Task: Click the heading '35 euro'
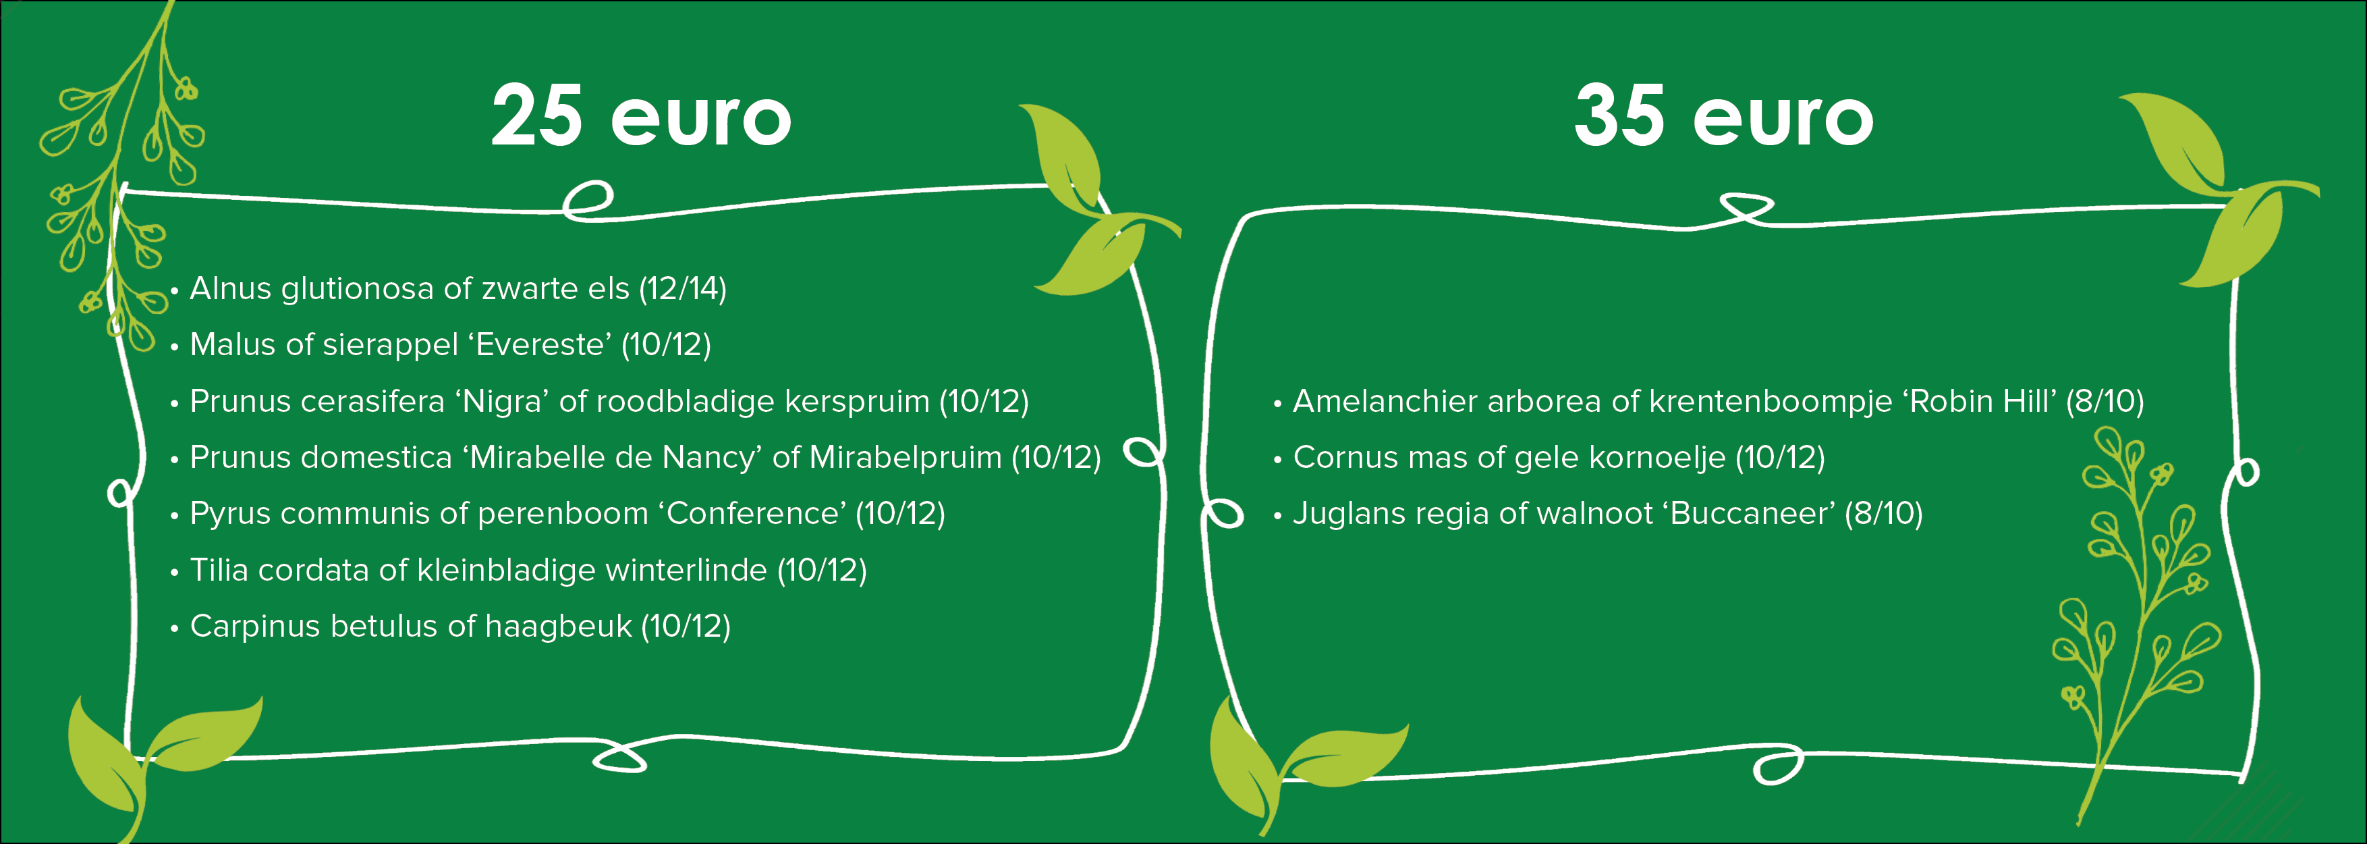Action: coord(1724,116)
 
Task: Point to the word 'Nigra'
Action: coord(503,401)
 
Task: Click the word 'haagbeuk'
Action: coord(559,626)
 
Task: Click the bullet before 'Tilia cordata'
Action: coord(173,573)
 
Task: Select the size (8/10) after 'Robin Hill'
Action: coord(2105,401)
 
